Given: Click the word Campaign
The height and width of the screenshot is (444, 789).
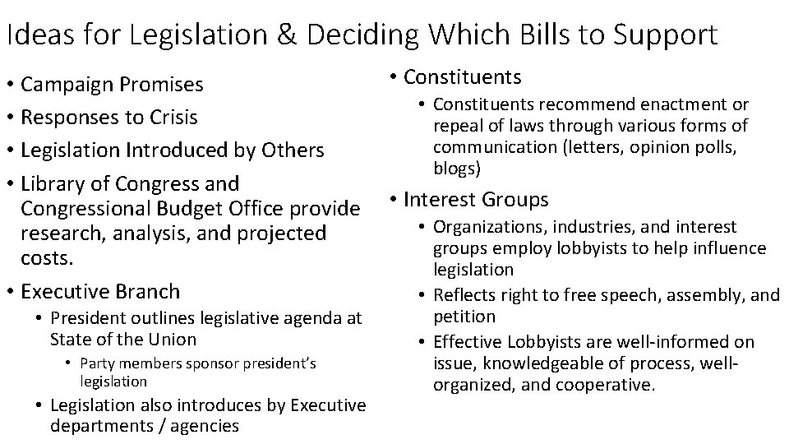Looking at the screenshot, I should click(69, 85).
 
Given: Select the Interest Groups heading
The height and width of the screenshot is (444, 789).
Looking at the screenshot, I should click(476, 200).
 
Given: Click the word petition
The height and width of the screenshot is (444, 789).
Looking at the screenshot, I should click(464, 316).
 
